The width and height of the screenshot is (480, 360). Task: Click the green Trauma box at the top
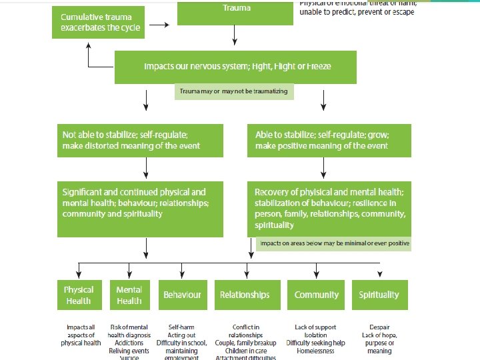coord(235,13)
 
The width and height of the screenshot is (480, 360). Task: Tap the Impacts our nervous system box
coord(237,67)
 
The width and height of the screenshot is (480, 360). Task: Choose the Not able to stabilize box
coord(140,140)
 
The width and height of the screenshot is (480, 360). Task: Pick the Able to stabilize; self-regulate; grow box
coord(329,140)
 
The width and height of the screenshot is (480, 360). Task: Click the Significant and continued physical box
coord(140,208)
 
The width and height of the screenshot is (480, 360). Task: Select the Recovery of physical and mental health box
coord(329,208)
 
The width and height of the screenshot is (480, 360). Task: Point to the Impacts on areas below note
coord(334,243)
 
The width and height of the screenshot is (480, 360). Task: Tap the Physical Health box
coord(79,295)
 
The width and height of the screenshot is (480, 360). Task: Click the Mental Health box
coord(129,295)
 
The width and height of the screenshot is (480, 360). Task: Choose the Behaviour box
coord(182,295)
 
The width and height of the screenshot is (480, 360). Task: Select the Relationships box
coord(245,295)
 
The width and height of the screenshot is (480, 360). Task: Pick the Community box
coord(317,295)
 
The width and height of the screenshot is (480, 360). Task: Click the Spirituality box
coord(379,295)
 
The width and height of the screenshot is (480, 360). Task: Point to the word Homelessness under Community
coord(315,351)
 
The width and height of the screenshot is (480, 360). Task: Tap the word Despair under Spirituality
coord(379,328)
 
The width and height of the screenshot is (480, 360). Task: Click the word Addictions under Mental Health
coord(129,343)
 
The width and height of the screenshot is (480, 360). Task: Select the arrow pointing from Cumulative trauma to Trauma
coord(159,25)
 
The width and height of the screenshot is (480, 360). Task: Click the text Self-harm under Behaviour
coord(182,328)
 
